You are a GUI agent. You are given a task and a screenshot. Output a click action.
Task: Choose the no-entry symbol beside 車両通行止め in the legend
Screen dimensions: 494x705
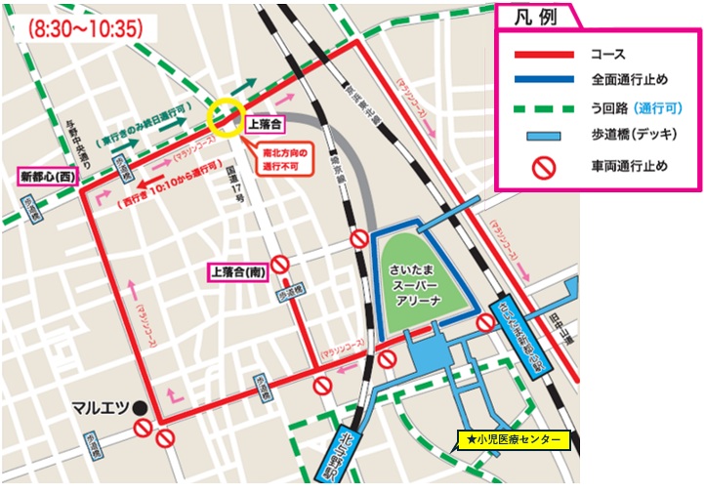click(543, 167)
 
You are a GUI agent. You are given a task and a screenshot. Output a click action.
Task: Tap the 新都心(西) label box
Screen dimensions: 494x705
click(47, 178)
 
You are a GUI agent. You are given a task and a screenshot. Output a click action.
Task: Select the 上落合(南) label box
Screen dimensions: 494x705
click(236, 271)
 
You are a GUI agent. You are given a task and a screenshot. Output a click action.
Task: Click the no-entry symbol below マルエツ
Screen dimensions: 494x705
click(144, 430)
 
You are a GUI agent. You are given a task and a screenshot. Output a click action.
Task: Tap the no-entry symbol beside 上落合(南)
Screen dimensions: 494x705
click(280, 263)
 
